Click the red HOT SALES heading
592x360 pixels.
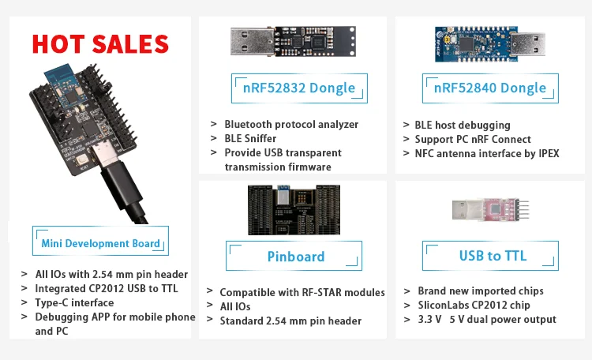100,43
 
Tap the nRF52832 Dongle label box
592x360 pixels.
293,87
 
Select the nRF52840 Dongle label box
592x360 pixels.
489,87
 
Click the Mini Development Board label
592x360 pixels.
100,243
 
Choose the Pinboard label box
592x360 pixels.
295,257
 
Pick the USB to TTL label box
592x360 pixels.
493,256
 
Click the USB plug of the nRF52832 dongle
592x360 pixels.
252,41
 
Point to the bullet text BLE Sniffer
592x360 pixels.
250,138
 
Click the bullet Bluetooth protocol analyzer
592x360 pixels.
291,124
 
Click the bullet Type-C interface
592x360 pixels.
74,302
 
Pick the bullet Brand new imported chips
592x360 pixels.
480,291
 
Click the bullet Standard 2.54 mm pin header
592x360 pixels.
290,321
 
